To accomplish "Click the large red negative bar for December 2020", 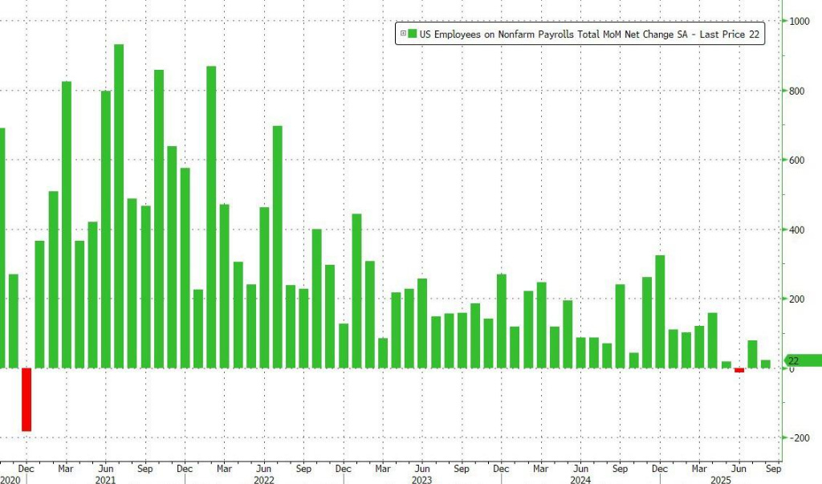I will [x=26, y=399].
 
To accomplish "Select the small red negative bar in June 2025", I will [x=739, y=370].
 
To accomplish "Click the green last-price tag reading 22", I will [x=803, y=360].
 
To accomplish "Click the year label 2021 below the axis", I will [x=104, y=478].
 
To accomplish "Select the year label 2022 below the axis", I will [x=263, y=478].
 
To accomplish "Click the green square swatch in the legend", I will [x=412, y=33].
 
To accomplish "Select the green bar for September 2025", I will [x=766, y=364].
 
